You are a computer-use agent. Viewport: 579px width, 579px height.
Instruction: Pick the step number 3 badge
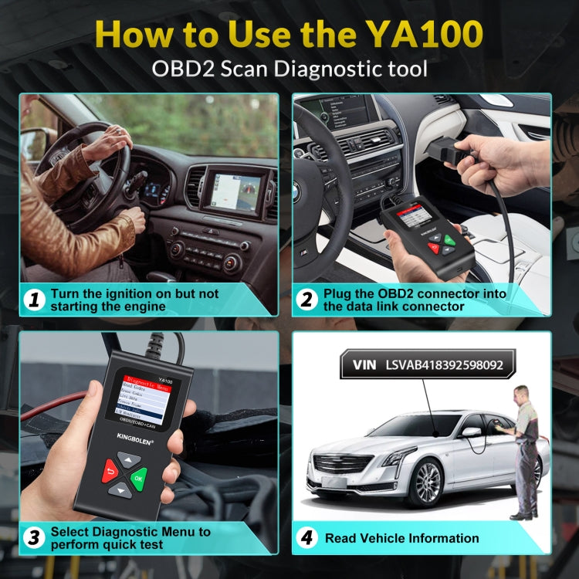[x=32, y=538]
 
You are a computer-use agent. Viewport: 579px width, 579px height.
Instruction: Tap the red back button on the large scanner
[x=107, y=472]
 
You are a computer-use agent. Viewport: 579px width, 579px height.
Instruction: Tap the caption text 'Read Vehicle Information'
[x=401, y=538]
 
